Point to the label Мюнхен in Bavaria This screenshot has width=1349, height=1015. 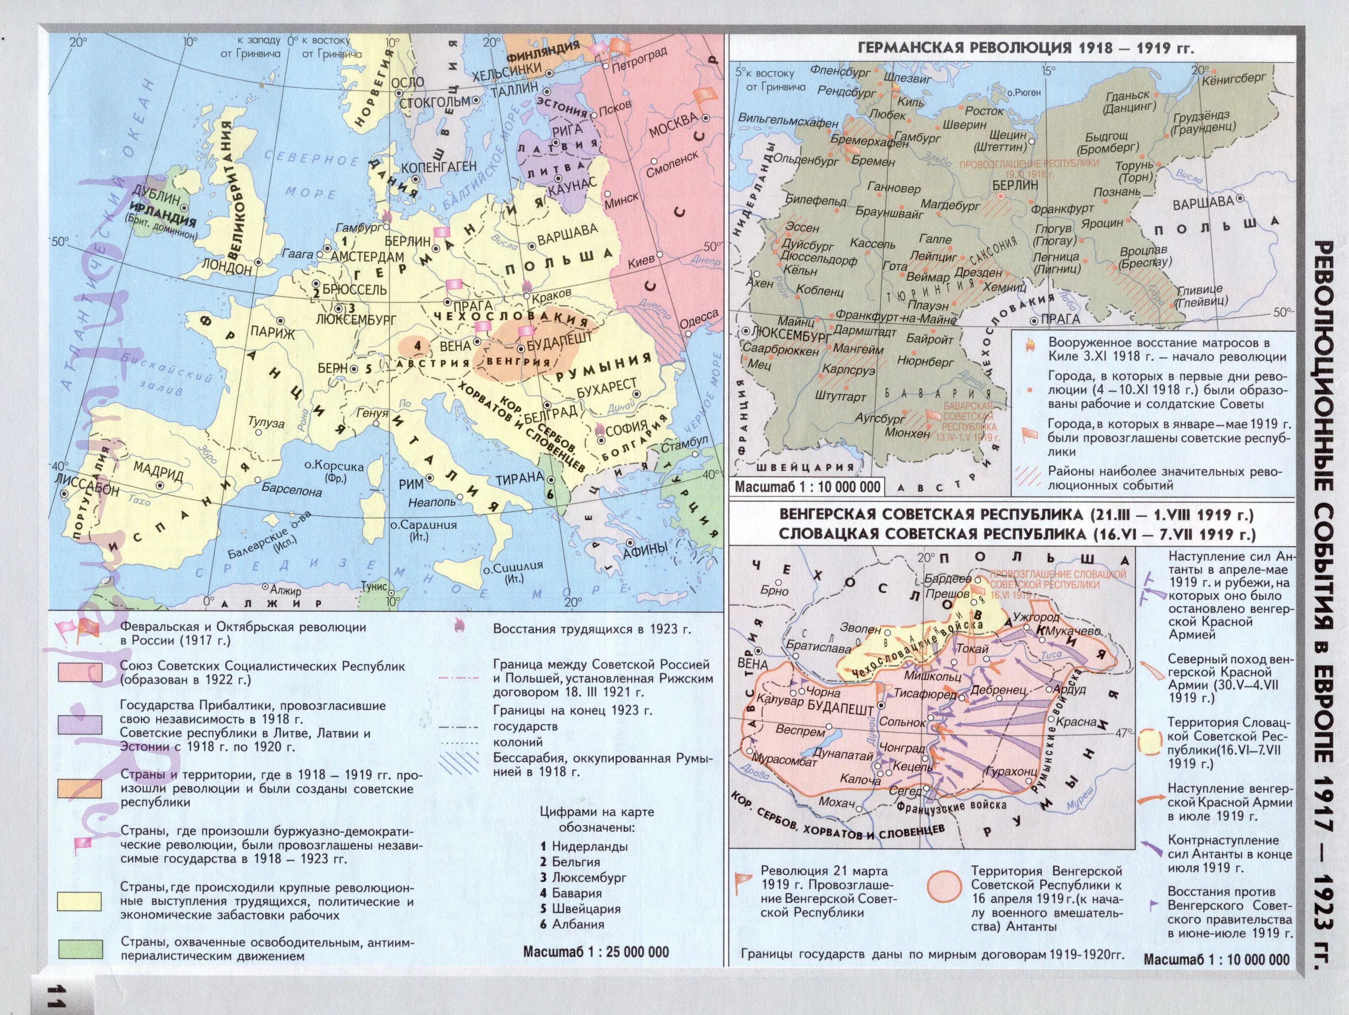coord(908,434)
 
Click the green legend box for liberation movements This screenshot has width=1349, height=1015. coord(80,949)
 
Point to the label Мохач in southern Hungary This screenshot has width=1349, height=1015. coord(836,802)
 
